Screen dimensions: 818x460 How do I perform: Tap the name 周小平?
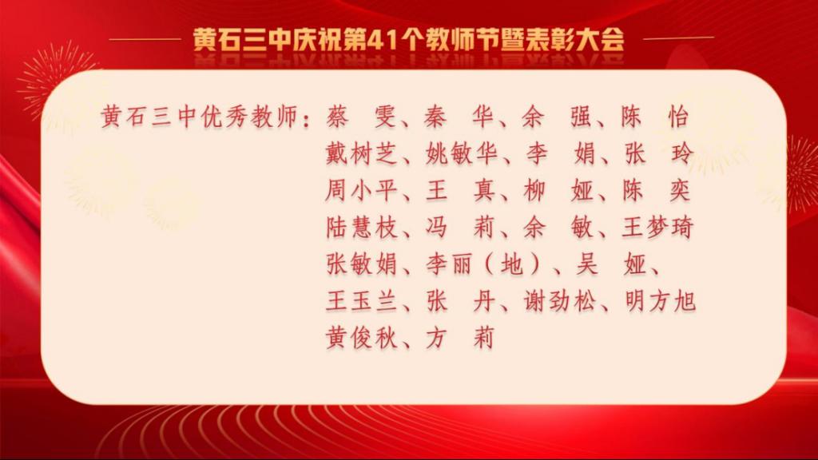[361, 190]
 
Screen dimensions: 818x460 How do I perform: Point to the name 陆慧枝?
[361, 228]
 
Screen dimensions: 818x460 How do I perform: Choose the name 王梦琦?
[657, 228]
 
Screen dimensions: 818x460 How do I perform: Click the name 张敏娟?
[361, 264]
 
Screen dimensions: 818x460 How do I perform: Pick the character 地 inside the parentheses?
[511, 264]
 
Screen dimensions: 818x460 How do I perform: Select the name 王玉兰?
[361, 301]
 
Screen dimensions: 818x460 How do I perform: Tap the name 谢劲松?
[559, 301]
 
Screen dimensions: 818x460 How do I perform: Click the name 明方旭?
[659, 301]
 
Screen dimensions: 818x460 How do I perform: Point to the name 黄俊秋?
[361, 338]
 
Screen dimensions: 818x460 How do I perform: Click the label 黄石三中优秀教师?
[199, 117]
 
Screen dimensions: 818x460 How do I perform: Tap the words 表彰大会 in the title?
[574, 40]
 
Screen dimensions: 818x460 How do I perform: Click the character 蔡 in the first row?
[338, 117]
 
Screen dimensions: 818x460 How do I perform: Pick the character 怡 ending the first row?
[678, 117]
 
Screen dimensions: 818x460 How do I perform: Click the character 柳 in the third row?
[534, 190]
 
